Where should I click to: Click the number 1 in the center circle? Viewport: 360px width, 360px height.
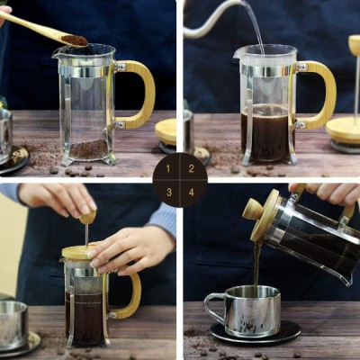[167, 168]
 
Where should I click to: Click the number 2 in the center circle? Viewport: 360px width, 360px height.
[192, 168]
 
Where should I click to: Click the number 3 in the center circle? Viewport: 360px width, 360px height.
[167, 192]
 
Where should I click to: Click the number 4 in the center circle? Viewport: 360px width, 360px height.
[192, 192]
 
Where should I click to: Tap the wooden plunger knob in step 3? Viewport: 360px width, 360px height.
[87, 216]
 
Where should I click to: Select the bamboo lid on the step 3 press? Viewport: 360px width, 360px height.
[81, 253]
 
